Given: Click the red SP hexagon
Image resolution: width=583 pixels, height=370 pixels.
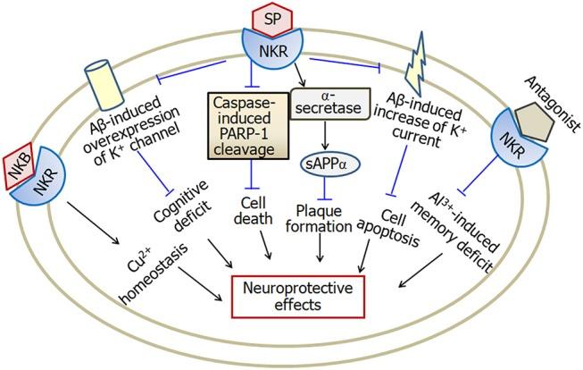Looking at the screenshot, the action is (272, 19).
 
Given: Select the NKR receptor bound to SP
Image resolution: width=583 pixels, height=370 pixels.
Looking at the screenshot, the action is (273, 50).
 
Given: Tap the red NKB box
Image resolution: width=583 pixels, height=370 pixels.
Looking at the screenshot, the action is (19, 166).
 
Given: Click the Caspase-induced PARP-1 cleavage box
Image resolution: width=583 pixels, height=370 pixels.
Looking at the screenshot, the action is (248, 126).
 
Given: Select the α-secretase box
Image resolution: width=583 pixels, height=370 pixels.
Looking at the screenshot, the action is (329, 104).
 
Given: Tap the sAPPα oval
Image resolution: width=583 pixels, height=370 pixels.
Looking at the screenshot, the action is (326, 164).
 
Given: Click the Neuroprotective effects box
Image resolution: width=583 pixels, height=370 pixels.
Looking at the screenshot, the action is (298, 297).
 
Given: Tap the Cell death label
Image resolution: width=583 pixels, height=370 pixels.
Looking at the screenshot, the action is (253, 210).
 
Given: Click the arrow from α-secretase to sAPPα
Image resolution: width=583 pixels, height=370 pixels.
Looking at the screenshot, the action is (326, 135).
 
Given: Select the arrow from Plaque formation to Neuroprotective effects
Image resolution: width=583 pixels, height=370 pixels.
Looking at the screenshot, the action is (320, 248).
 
